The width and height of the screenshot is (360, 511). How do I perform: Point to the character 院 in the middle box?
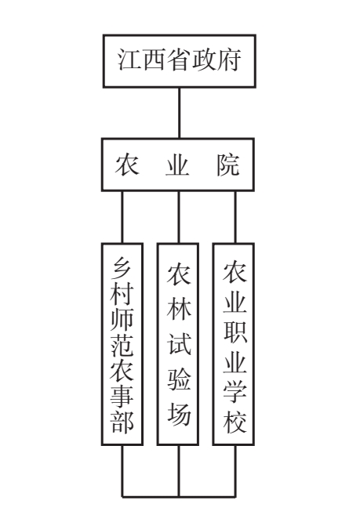(x=228, y=165)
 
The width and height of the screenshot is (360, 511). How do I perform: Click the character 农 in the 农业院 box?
(x=127, y=165)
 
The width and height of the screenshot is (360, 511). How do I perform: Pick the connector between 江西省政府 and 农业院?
(x=180, y=113)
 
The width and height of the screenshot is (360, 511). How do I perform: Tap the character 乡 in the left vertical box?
(x=122, y=268)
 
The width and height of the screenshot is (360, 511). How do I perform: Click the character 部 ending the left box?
(x=122, y=422)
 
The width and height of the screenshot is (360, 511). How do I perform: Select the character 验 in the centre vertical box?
(x=179, y=379)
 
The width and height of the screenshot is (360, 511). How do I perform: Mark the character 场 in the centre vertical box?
(x=179, y=415)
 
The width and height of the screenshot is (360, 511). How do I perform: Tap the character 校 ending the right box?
(x=235, y=422)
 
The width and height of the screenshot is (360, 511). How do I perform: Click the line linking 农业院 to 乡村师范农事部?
(x=122, y=217)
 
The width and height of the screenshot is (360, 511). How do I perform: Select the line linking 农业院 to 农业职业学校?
(x=235, y=217)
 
